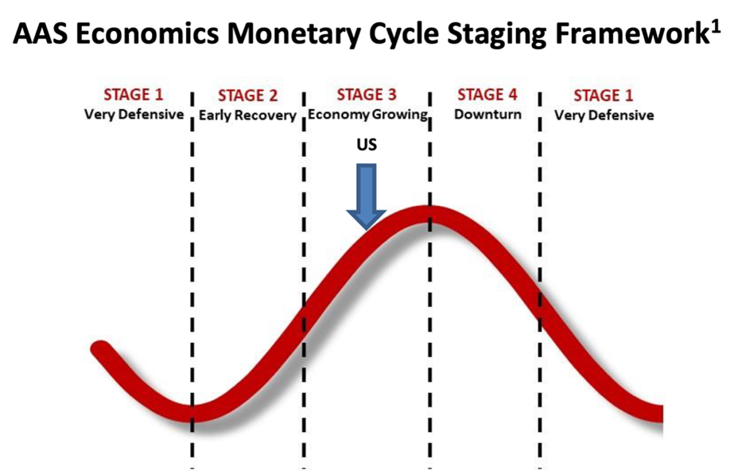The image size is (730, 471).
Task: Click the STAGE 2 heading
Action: point(247,95)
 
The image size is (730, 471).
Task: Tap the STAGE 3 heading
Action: point(367,95)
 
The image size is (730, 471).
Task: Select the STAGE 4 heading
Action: point(487,95)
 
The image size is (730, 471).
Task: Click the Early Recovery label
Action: point(247,115)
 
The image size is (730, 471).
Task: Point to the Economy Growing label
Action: point(367,115)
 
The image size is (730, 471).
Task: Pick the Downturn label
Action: point(487,114)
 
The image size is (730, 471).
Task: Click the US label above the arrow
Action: point(367,145)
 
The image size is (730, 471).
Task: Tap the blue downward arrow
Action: point(367,197)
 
